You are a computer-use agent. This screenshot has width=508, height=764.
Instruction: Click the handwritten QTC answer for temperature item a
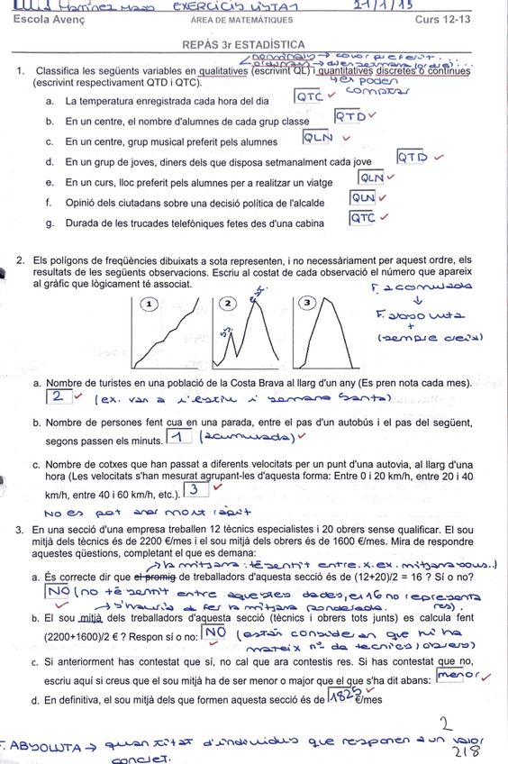(309, 95)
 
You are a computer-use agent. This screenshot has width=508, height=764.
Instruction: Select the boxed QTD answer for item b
(349, 116)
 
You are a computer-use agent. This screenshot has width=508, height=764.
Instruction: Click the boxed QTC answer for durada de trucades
(362, 217)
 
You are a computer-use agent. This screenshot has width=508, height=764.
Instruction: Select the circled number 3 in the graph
(308, 304)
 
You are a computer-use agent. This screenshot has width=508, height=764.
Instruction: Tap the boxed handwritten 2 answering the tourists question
(57, 396)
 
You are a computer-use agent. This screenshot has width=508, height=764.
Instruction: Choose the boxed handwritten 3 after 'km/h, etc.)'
(195, 488)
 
